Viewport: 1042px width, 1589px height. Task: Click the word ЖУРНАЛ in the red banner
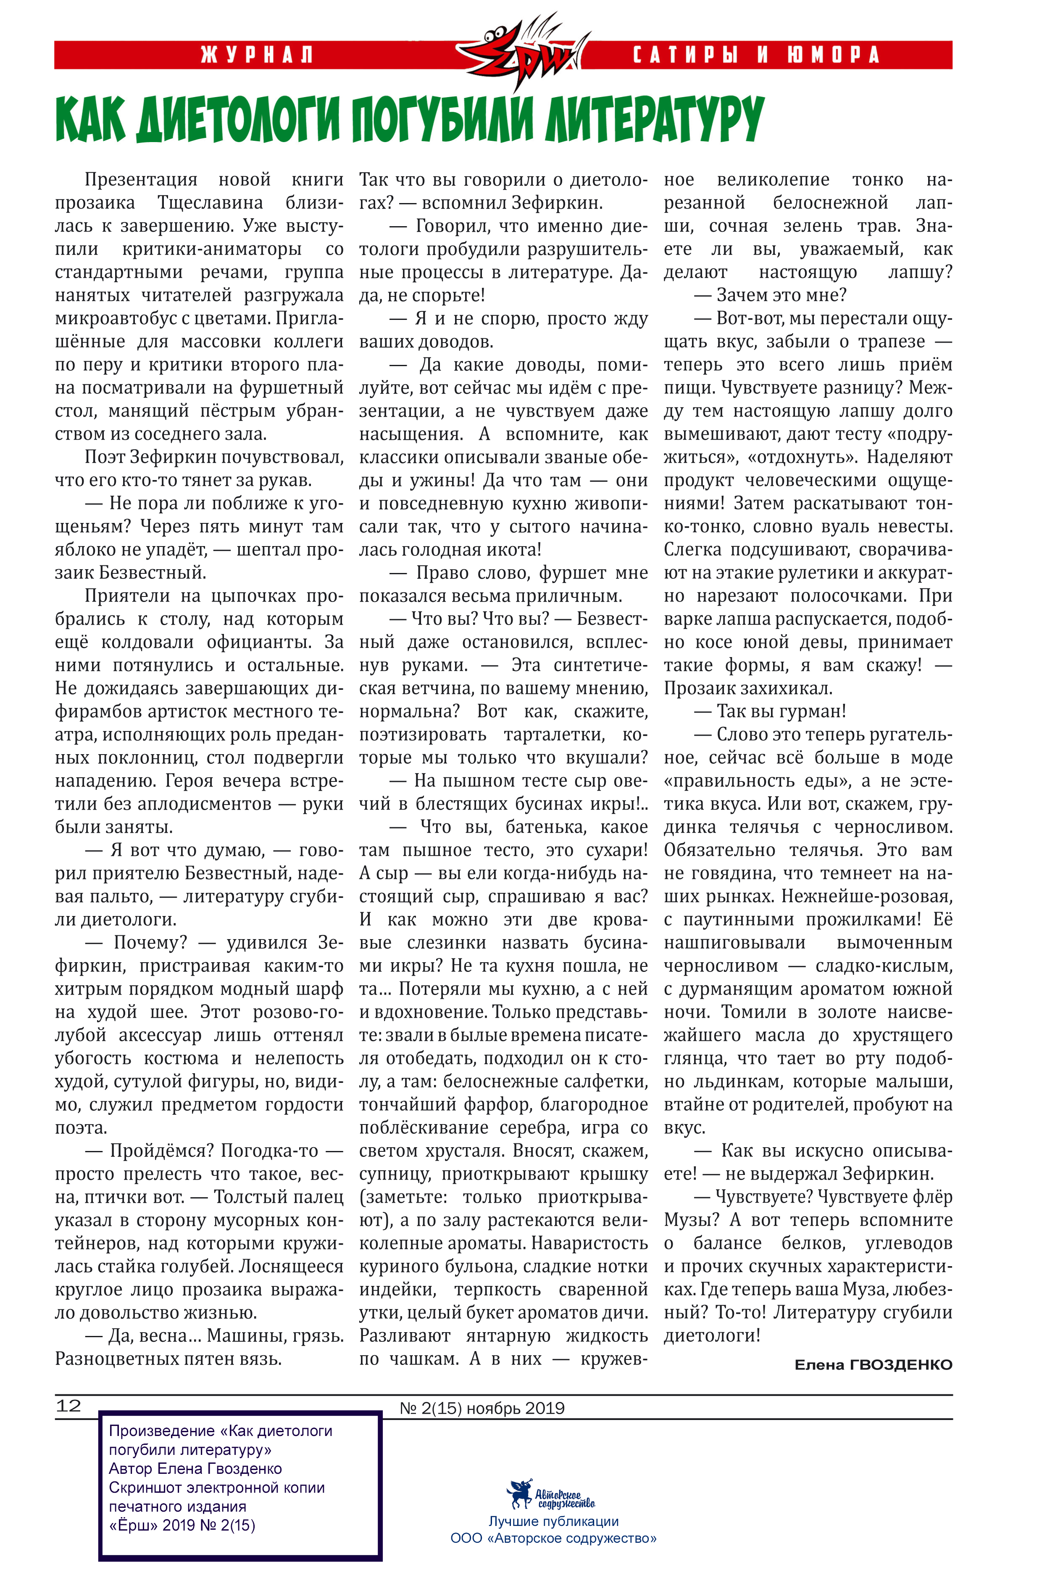click(257, 55)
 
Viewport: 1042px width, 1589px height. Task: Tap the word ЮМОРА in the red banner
click(833, 55)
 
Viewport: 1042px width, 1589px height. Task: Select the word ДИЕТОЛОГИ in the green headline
click(241, 120)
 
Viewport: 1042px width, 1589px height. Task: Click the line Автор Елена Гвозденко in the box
click(195, 1468)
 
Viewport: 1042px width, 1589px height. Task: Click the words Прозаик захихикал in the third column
click(747, 688)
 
